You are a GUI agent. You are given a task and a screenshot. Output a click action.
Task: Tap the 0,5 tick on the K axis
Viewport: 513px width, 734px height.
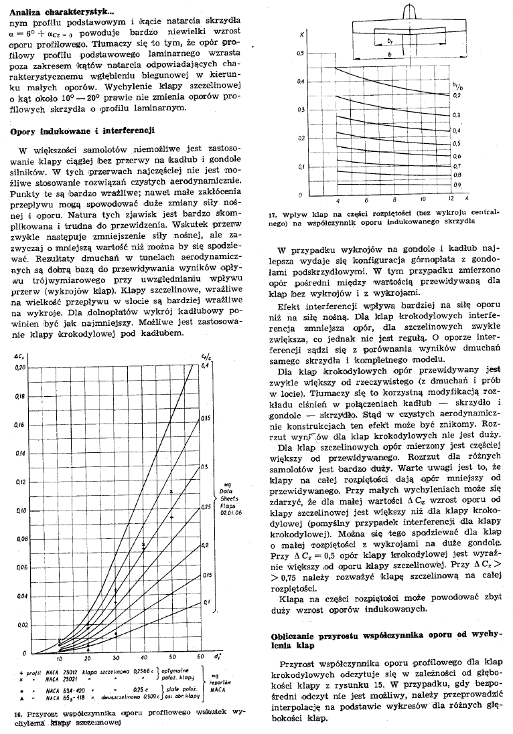pyautogui.click(x=301, y=53)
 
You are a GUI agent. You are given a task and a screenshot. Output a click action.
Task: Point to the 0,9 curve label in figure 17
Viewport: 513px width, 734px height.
pyautogui.click(x=458, y=183)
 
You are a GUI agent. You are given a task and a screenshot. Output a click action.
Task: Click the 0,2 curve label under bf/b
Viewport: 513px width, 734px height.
pyautogui.click(x=458, y=96)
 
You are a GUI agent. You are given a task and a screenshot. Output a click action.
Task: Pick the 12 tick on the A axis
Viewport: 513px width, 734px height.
pyautogui.click(x=450, y=200)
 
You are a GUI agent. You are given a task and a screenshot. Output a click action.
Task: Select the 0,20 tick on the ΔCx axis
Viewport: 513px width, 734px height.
pyautogui.click(x=19, y=367)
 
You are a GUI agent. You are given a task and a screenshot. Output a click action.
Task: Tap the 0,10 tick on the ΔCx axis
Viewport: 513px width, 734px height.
pyautogui.click(x=19, y=511)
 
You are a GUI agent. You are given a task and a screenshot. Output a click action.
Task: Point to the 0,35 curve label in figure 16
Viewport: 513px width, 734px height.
pyautogui.click(x=206, y=417)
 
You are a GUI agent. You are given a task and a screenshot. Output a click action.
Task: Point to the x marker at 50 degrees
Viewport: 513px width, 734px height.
pyautogui.click(x=172, y=492)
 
